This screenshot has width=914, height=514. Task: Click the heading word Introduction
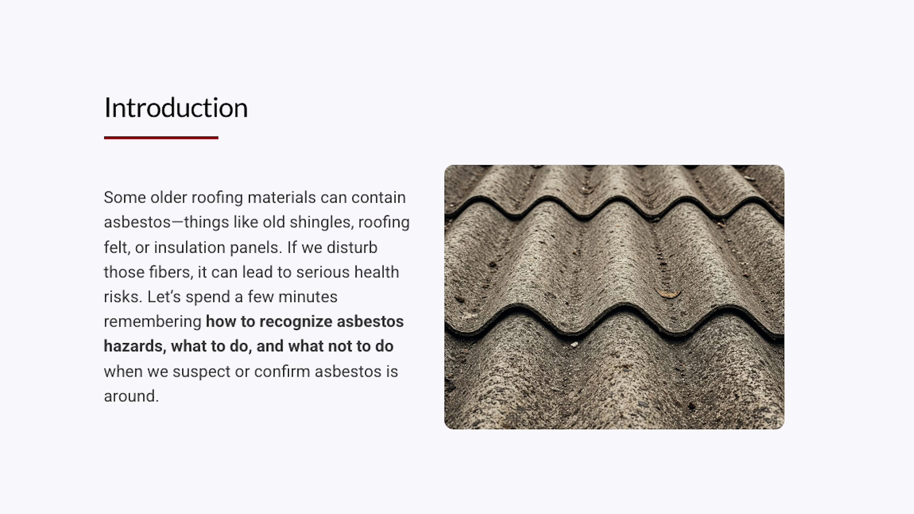pyautogui.click(x=176, y=108)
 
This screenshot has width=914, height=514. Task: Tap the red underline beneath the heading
pyautogui.click(x=161, y=138)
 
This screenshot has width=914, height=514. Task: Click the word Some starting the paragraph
pyautogui.click(x=125, y=198)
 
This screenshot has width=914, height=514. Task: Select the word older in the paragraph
pyautogui.click(x=169, y=198)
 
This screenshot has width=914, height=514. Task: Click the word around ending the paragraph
pyautogui.click(x=131, y=396)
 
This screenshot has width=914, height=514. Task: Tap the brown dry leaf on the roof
pyautogui.click(x=668, y=294)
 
